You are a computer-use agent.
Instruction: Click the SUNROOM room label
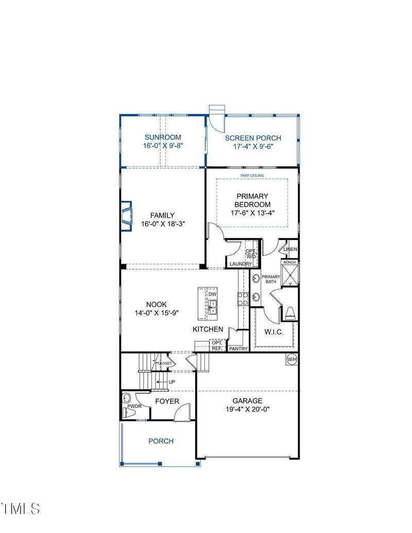point(163,137)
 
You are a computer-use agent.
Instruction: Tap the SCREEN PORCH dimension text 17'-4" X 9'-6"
point(253,146)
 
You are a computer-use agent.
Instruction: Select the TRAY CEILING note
point(252,176)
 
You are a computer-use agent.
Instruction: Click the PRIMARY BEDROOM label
point(252,200)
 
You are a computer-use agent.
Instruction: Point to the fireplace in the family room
point(126,214)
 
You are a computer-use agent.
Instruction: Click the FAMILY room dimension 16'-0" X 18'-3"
point(162,224)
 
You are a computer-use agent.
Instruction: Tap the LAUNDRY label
point(241,264)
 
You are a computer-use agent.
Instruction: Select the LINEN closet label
point(290,250)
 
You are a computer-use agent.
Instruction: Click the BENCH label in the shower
point(290,263)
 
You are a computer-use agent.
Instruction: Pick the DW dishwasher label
point(212,295)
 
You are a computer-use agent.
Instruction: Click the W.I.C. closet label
point(274,332)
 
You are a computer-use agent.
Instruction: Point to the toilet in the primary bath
point(290,313)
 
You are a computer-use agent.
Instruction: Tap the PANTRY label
point(238,349)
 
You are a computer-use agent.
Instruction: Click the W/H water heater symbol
point(291,359)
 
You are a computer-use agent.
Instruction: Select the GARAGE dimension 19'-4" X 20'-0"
point(248,409)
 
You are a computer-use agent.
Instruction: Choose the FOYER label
point(167,401)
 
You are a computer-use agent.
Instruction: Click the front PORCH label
point(161,441)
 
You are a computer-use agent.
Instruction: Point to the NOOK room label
point(156,305)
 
